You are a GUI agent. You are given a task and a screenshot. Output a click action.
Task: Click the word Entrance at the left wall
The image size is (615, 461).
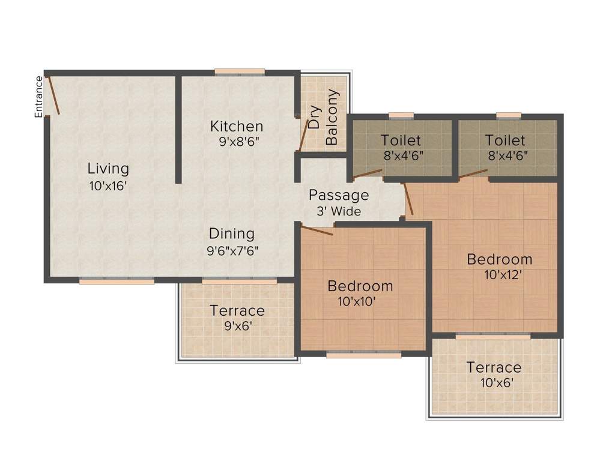click(x=39, y=97)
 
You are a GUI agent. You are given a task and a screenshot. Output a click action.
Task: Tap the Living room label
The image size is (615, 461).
click(x=108, y=168)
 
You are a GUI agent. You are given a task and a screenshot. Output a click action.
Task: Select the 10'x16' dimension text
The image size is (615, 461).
click(x=108, y=186)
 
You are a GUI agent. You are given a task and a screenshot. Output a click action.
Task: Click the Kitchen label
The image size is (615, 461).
click(x=237, y=126)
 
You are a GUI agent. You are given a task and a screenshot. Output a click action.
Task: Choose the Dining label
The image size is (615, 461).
click(x=232, y=234)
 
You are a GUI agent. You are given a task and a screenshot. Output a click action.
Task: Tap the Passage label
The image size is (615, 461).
click(x=339, y=195)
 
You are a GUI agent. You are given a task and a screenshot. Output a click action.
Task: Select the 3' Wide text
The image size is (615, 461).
click(x=339, y=211)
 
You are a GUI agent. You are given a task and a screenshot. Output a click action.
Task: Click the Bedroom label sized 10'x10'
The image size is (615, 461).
click(x=360, y=286)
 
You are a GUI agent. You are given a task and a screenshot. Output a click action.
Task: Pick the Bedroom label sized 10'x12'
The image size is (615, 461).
click(x=500, y=259)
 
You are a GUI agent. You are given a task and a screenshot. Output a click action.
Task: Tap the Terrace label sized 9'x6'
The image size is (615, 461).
click(x=237, y=310)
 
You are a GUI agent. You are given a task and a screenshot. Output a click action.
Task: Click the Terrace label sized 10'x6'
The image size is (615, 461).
click(x=494, y=367)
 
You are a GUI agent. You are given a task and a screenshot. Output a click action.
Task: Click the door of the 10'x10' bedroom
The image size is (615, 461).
click(x=317, y=229)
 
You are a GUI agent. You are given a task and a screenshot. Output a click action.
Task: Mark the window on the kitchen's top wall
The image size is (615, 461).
click(x=240, y=71)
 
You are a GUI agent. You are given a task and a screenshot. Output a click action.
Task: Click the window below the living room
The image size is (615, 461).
click(x=117, y=280)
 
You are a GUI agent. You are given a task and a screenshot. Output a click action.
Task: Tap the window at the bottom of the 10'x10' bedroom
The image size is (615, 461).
click(x=363, y=354)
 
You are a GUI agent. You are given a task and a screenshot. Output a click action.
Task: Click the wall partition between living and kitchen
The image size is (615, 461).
click(x=178, y=129)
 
